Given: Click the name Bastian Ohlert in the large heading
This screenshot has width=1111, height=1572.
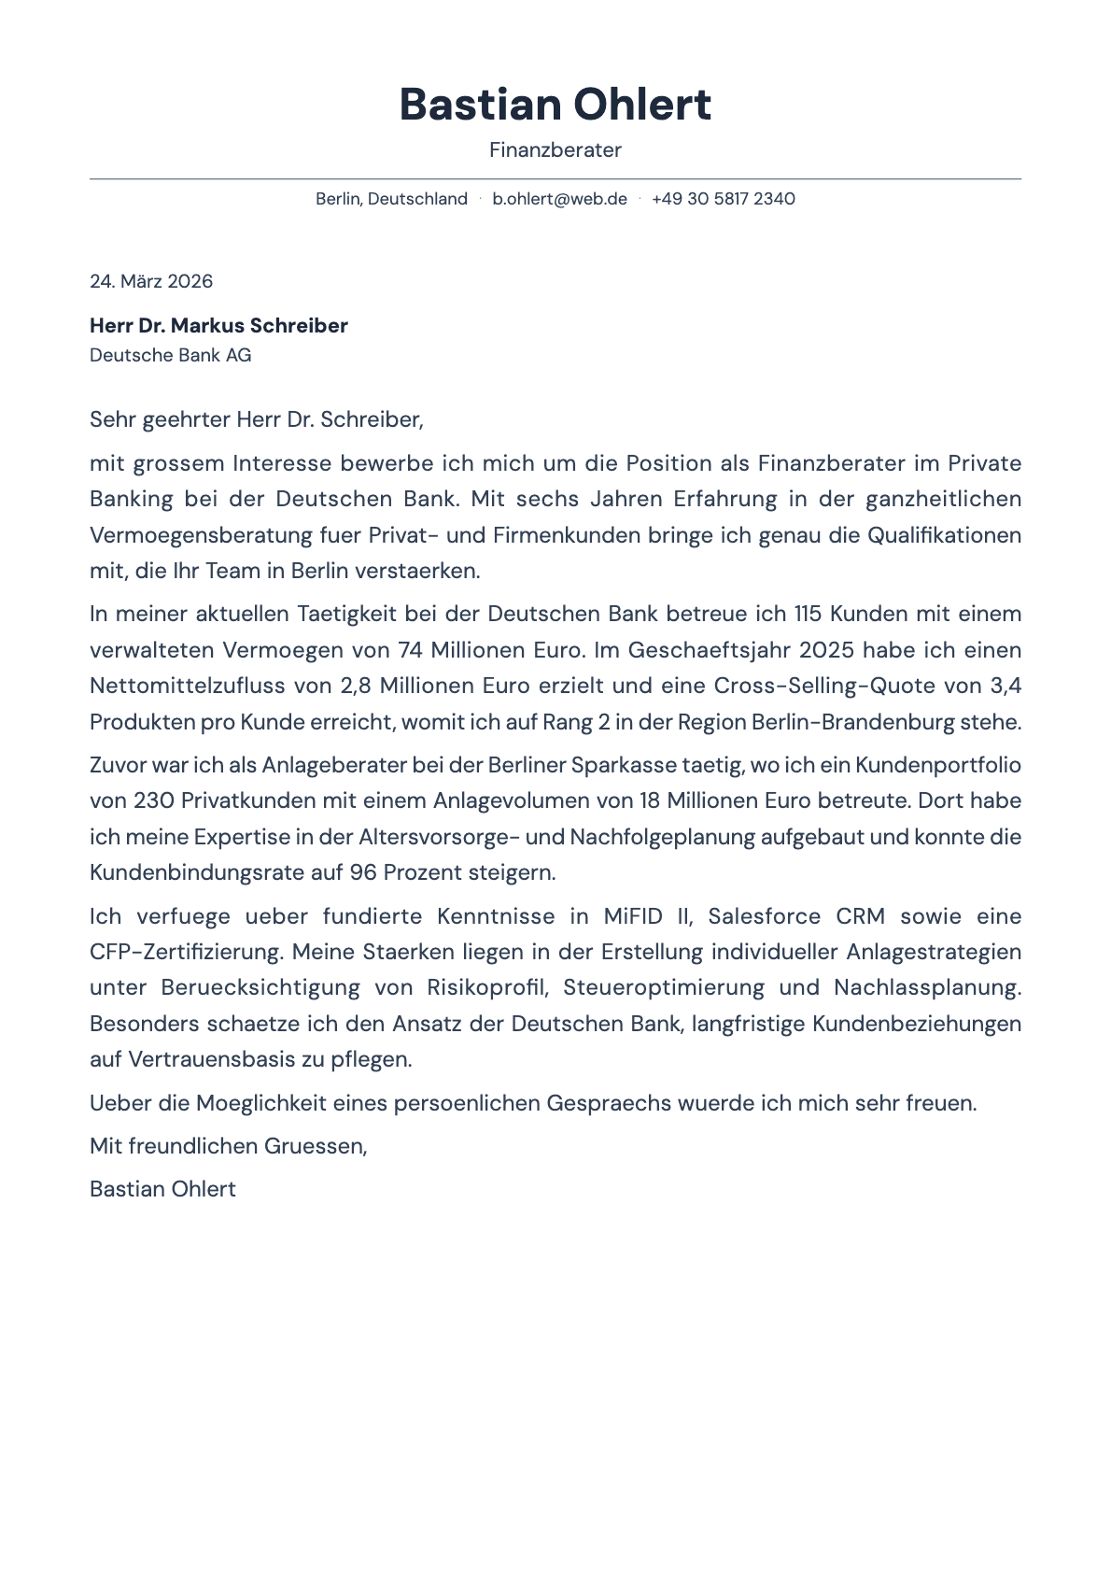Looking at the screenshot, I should point(555,105).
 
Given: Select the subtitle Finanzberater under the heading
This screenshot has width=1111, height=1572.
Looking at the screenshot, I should point(555,150).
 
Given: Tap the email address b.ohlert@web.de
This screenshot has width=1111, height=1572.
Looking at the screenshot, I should point(559,199).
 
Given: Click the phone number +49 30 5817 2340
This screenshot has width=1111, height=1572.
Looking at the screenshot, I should point(723,199).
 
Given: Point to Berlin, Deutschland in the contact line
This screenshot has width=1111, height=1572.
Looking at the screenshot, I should point(391,199).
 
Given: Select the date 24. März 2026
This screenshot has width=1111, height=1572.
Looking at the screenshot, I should point(151,281).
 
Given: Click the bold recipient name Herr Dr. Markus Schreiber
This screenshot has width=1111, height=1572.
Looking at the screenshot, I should point(218,326).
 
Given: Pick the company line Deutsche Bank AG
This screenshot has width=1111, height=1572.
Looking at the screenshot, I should point(170,355).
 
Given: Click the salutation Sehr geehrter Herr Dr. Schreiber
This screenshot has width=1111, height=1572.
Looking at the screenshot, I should point(256,419).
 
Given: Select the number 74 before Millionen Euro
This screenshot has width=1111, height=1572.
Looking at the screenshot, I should point(410,650).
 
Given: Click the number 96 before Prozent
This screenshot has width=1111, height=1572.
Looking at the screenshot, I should point(363,872).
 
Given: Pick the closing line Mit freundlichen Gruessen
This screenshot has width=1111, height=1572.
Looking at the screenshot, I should point(228,1146).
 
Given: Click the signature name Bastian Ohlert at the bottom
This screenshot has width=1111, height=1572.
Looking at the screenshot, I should point(162,1189).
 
